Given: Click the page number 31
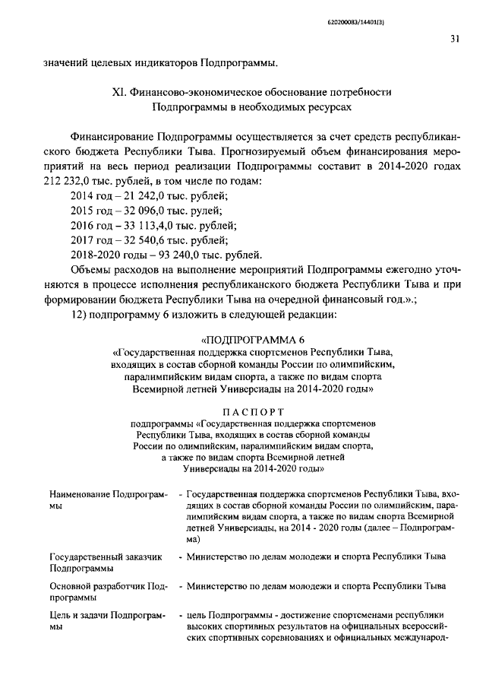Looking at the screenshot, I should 454,40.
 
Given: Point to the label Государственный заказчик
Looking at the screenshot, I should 106,556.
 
